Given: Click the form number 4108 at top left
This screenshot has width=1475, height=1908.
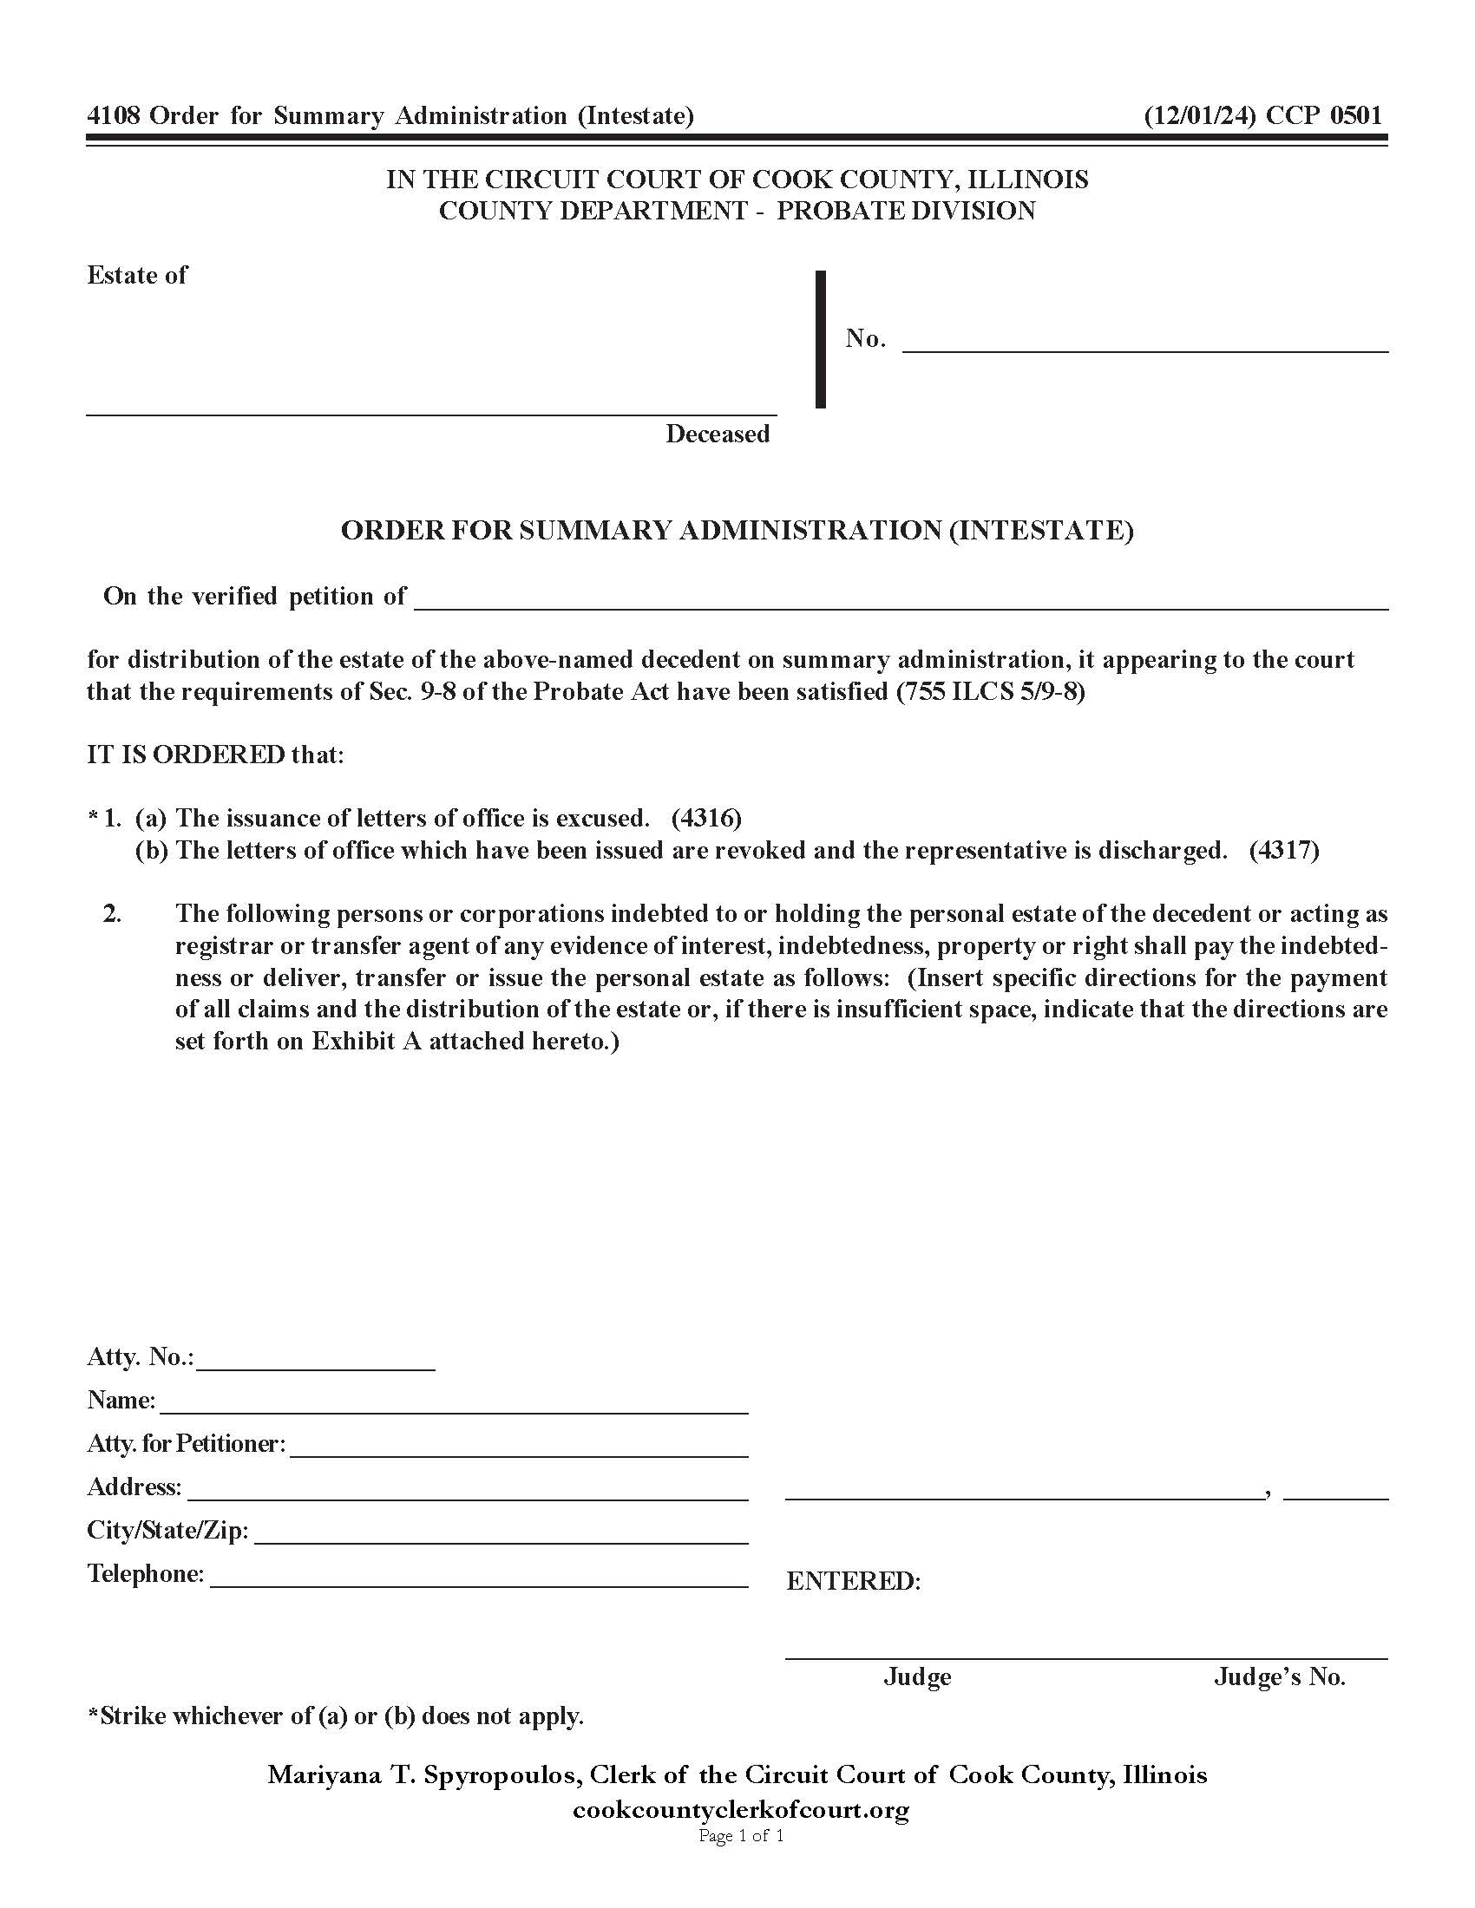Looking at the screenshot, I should (113, 115).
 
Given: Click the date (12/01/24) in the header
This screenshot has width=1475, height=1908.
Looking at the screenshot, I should (1199, 115).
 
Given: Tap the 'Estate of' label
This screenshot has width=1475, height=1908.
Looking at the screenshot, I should (136, 275).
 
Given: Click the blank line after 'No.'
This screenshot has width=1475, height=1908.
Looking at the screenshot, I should (1144, 343).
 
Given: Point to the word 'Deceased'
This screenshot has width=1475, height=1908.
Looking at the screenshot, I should (717, 434).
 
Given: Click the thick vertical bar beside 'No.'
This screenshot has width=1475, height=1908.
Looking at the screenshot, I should (820, 339).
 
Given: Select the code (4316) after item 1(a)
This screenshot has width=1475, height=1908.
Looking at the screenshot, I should (706, 818).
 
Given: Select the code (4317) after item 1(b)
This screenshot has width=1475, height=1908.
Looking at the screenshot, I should (1283, 850).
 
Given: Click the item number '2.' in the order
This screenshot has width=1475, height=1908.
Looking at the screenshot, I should (112, 914).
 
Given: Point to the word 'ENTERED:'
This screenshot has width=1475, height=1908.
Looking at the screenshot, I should (853, 1581).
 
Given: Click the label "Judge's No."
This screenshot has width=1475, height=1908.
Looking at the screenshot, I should (1278, 1676).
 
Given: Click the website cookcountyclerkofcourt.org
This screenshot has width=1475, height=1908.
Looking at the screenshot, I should (740, 1809).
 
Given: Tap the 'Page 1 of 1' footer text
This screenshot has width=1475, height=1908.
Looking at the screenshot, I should (740, 1835).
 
